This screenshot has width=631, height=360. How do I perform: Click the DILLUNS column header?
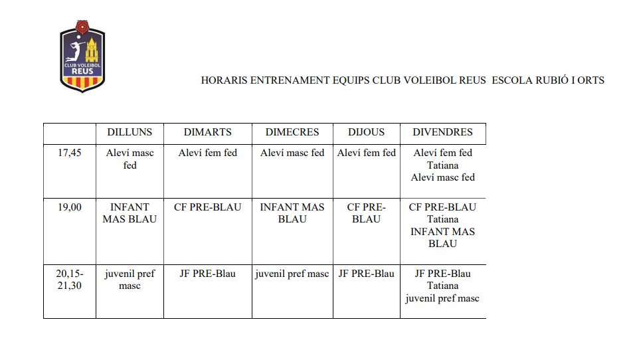coord(130,132)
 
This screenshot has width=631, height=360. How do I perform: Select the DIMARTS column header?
coord(208,132)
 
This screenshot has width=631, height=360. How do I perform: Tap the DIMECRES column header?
coord(292,132)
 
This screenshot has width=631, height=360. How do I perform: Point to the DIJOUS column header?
coord(366,132)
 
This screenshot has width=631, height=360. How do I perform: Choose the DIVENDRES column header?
coord(442,132)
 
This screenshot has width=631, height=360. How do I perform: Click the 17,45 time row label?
coord(69,153)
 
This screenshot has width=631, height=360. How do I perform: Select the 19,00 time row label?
coord(69,207)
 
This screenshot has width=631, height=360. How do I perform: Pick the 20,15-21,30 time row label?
coord(69,280)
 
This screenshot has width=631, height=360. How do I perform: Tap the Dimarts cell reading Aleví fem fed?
coord(208,153)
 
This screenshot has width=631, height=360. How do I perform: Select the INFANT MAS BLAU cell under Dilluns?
coord(130,213)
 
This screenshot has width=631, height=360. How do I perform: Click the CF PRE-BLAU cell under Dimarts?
coord(208,207)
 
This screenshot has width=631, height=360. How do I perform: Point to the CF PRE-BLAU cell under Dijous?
coord(366,213)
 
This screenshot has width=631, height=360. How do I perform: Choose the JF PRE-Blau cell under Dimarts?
coord(208,274)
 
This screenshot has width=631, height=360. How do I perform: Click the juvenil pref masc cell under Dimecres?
coord(292,274)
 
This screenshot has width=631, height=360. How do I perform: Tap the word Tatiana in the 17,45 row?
coord(442,165)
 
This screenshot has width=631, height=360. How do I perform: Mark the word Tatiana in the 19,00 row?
coord(442,219)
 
